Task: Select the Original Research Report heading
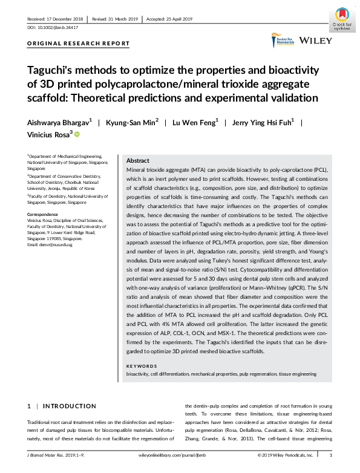click(78, 44)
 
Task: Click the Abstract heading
click(137, 161)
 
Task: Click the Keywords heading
click(142, 367)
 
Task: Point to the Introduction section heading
click(70, 406)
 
